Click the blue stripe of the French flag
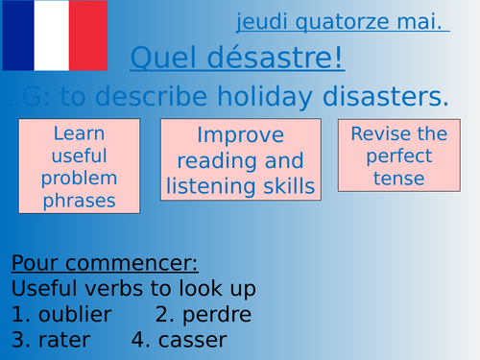pyautogui.click(x=17, y=36)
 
